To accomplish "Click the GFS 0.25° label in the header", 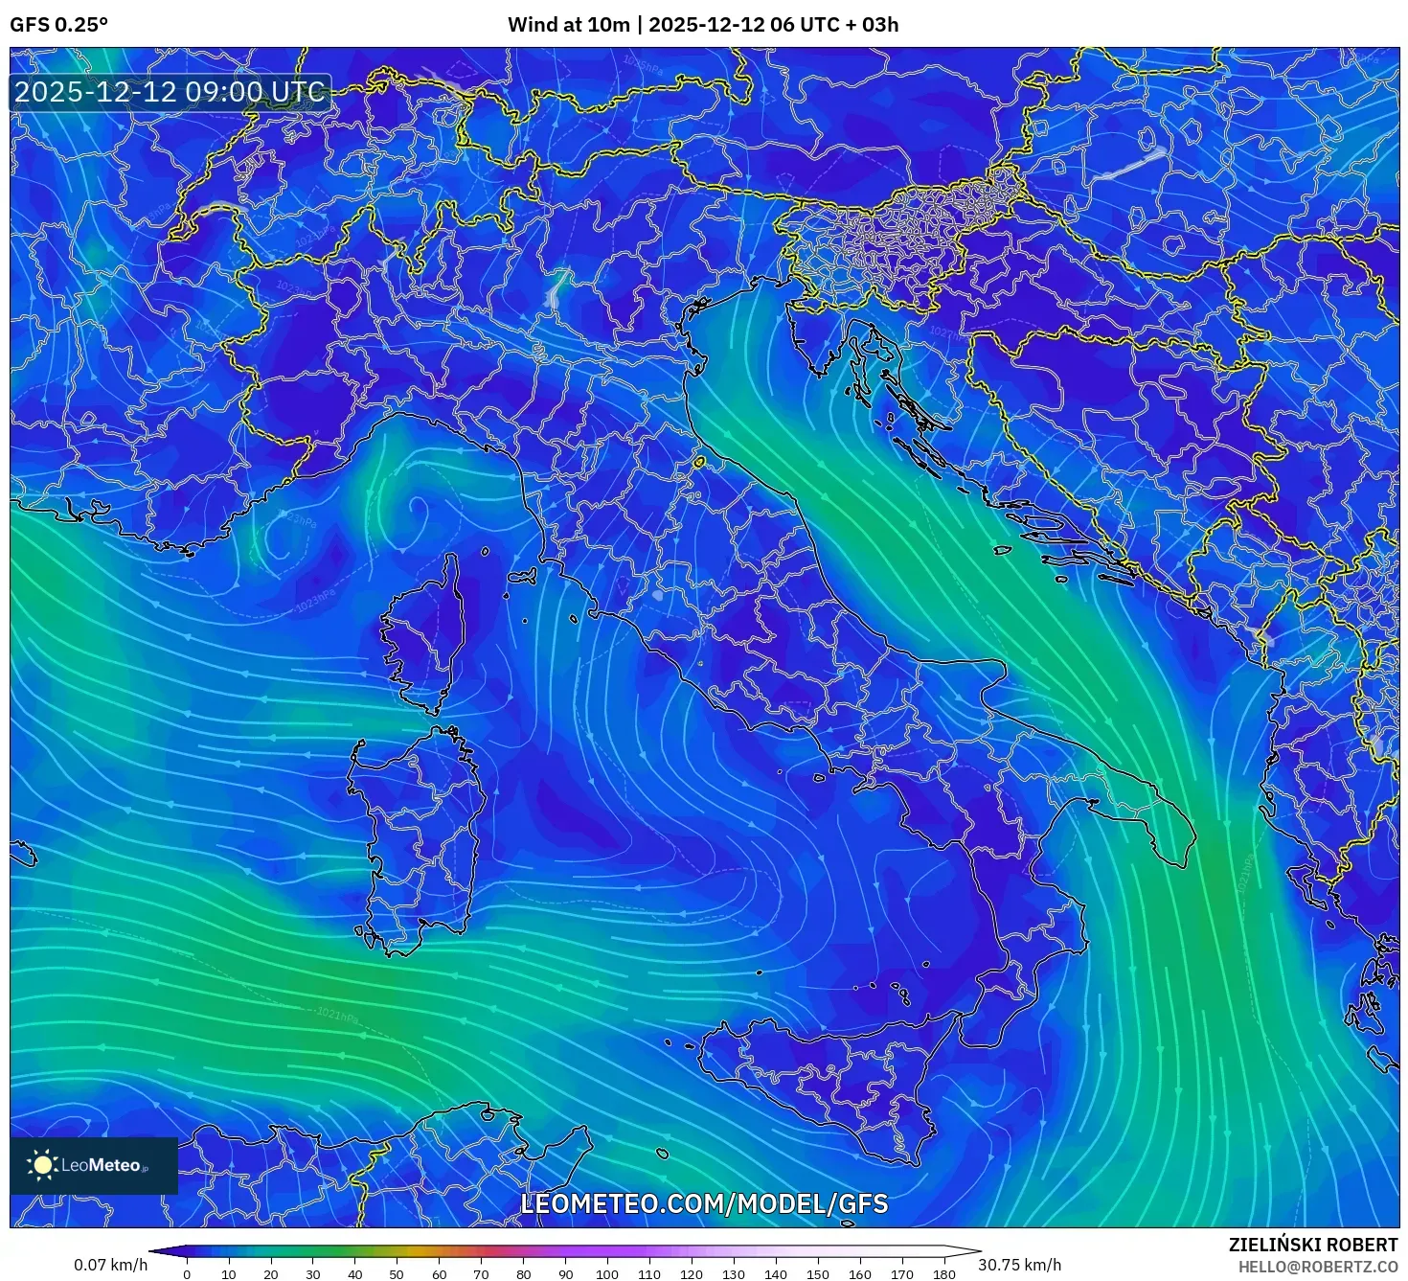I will click(58, 25).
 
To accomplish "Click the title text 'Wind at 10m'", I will click(568, 25).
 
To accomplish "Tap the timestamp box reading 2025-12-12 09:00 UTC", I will click(170, 92).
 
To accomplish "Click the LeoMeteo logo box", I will click(94, 1165).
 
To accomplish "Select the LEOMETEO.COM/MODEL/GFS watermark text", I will click(704, 1203).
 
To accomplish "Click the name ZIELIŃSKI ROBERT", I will click(1312, 1245).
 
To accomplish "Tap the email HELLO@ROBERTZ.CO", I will click(1317, 1267).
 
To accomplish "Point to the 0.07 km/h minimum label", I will click(110, 1265).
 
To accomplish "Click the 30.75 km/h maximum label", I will click(1019, 1265).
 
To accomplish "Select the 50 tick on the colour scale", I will click(397, 1273).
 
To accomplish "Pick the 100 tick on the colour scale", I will click(606, 1273).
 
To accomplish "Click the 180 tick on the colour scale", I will click(943, 1273).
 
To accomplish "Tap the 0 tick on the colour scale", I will click(187, 1273).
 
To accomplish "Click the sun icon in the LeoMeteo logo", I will click(42, 1165).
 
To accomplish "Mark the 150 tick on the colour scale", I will click(817, 1273).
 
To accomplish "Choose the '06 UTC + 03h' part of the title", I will click(834, 25).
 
